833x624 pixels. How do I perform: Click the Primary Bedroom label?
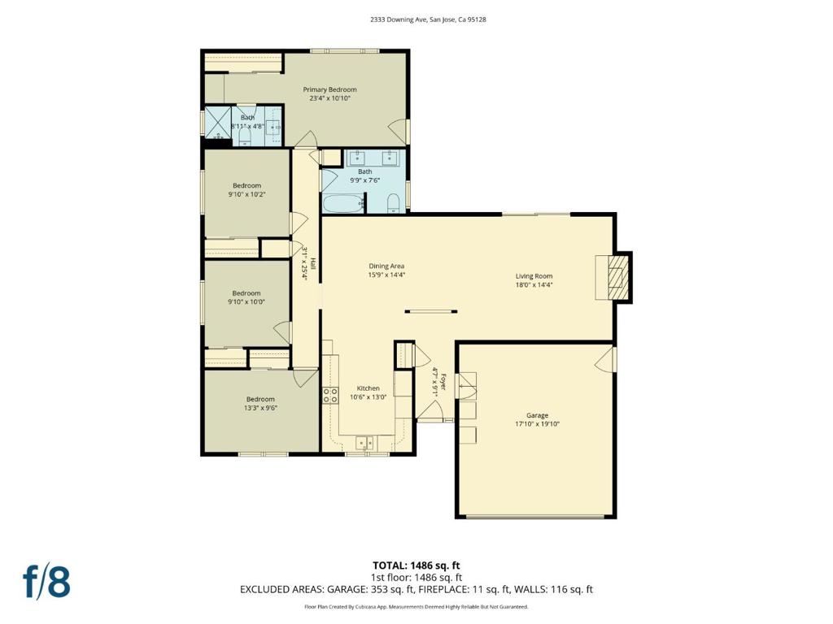pos(329,89)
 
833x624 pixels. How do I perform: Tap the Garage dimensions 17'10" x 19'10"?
pos(537,424)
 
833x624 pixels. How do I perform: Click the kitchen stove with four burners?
pos(331,396)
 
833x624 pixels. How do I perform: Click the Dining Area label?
pos(386,266)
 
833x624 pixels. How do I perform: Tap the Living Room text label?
pos(534,275)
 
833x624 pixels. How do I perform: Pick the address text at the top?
pos(416,19)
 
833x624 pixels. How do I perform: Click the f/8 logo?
pos(46,582)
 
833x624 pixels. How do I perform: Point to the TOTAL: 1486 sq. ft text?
pos(416,565)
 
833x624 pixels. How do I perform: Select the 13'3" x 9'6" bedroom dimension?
pos(260,409)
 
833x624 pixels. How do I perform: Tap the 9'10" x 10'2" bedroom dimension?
pos(246,195)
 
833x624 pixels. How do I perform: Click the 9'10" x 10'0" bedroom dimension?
pos(246,302)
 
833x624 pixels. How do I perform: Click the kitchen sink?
pos(364,442)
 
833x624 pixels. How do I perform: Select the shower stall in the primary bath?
pos(218,126)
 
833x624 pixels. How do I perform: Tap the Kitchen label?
pos(368,388)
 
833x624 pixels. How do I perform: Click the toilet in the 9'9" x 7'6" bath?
pos(393,202)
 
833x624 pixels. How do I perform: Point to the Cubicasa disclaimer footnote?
pos(416,607)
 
